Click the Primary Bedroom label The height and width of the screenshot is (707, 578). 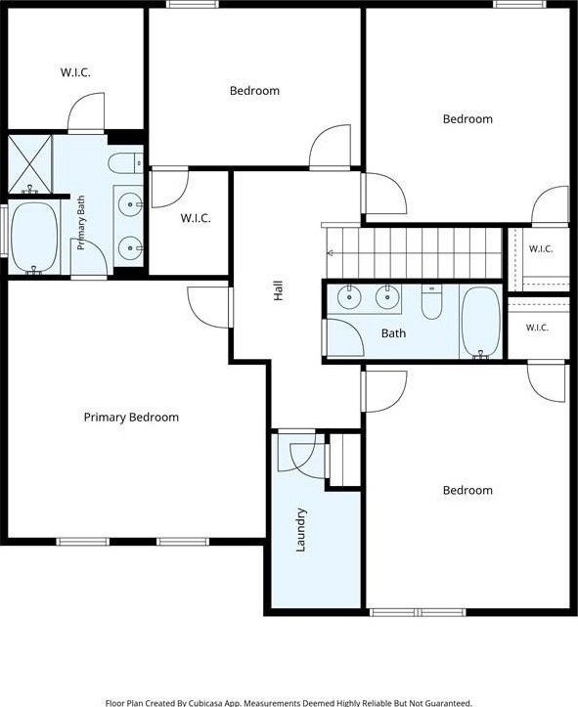click(x=131, y=418)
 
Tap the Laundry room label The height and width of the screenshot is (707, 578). click(x=300, y=530)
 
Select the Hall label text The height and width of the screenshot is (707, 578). click(x=279, y=290)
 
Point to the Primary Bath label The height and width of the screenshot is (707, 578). click(x=81, y=222)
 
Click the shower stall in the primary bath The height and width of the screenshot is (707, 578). click(x=30, y=164)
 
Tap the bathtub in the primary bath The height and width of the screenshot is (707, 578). click(x=34, y=238)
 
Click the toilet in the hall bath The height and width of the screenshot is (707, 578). click(x=431, y=301)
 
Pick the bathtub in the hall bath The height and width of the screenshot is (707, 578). click(x=481, y=322)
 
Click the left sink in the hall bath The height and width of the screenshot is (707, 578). click(x=349, y=297)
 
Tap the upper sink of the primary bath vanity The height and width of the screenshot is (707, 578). click(x=130, y=204)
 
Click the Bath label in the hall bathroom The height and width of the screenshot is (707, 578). click(x=393, y=333)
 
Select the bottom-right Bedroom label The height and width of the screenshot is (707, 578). click(x=467, y=490)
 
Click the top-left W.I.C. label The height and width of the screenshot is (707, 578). click(x=75, y=72)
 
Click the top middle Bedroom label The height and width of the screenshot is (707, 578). click(x=254, y=91)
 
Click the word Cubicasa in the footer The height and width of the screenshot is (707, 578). click(x=202, y=703)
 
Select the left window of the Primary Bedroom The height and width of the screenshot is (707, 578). click(x=83, y=542)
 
